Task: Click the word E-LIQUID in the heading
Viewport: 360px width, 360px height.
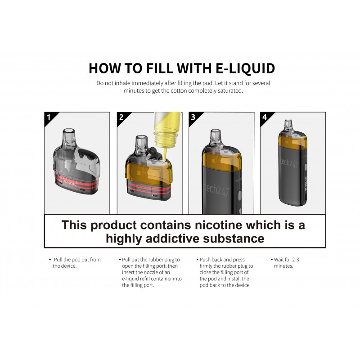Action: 245,68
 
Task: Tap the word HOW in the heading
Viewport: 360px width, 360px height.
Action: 104,68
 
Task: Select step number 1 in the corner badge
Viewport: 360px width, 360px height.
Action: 49,117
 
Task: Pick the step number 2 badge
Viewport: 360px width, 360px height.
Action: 121,117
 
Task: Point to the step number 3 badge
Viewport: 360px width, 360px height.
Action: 193,117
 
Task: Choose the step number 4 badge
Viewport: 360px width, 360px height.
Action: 265,117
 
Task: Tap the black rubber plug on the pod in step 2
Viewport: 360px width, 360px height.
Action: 153,153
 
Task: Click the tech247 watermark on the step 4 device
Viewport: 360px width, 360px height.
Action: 289,162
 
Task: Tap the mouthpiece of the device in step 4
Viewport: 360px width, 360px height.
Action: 288,126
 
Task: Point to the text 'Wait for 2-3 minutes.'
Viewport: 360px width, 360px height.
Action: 285,263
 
